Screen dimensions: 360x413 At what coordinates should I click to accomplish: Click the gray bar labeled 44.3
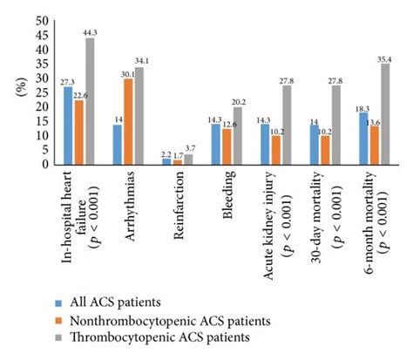91,101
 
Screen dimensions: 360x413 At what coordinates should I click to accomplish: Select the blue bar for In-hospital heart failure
69,126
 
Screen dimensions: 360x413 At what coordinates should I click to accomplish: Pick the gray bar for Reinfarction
188,160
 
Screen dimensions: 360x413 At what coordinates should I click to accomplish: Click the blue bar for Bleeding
217,144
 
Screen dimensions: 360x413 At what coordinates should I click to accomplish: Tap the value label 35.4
384,58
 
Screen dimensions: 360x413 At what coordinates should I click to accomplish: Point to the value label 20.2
238,100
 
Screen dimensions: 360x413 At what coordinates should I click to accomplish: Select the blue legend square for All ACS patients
58,302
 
